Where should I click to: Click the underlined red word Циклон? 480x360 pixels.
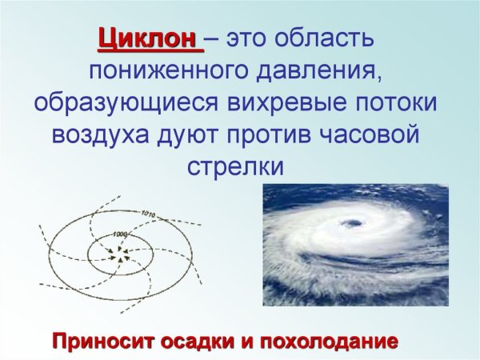point(146,39)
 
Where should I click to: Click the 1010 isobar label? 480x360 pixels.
point(146,214)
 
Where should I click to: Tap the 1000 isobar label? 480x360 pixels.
point(120,234)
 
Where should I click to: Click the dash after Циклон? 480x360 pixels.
point(214,39)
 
